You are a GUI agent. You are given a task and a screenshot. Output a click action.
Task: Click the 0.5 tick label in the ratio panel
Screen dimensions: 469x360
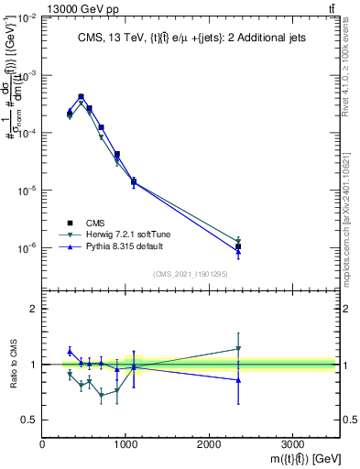tap(30, 420)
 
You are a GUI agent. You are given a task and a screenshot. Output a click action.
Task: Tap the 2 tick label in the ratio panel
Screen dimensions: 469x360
tap(34, 309)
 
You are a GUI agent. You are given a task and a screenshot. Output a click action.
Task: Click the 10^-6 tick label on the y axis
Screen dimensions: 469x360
tap(27, 248)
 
